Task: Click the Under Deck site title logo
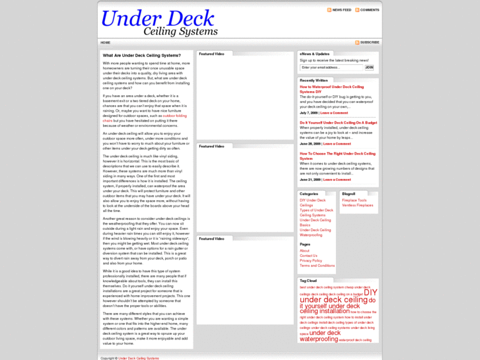click(159, 22)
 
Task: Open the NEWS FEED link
click(341, 10)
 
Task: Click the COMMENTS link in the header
click(369, 10)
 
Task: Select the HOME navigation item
click(106, 42)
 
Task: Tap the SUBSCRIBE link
click(369, 42)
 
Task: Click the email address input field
click(331, 67)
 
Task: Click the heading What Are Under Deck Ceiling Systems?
click(142, 55)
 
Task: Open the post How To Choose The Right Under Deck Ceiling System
click(337, 156)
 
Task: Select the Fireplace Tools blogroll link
click(355, 200)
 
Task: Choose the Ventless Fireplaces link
click(357, 205)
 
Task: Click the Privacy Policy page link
click(311, 260)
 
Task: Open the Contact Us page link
click(308, 256)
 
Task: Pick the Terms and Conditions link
click(317, 266)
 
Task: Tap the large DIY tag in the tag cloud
click(370, 292)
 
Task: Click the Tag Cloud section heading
click(308, 281)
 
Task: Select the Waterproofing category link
click(311, 234)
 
